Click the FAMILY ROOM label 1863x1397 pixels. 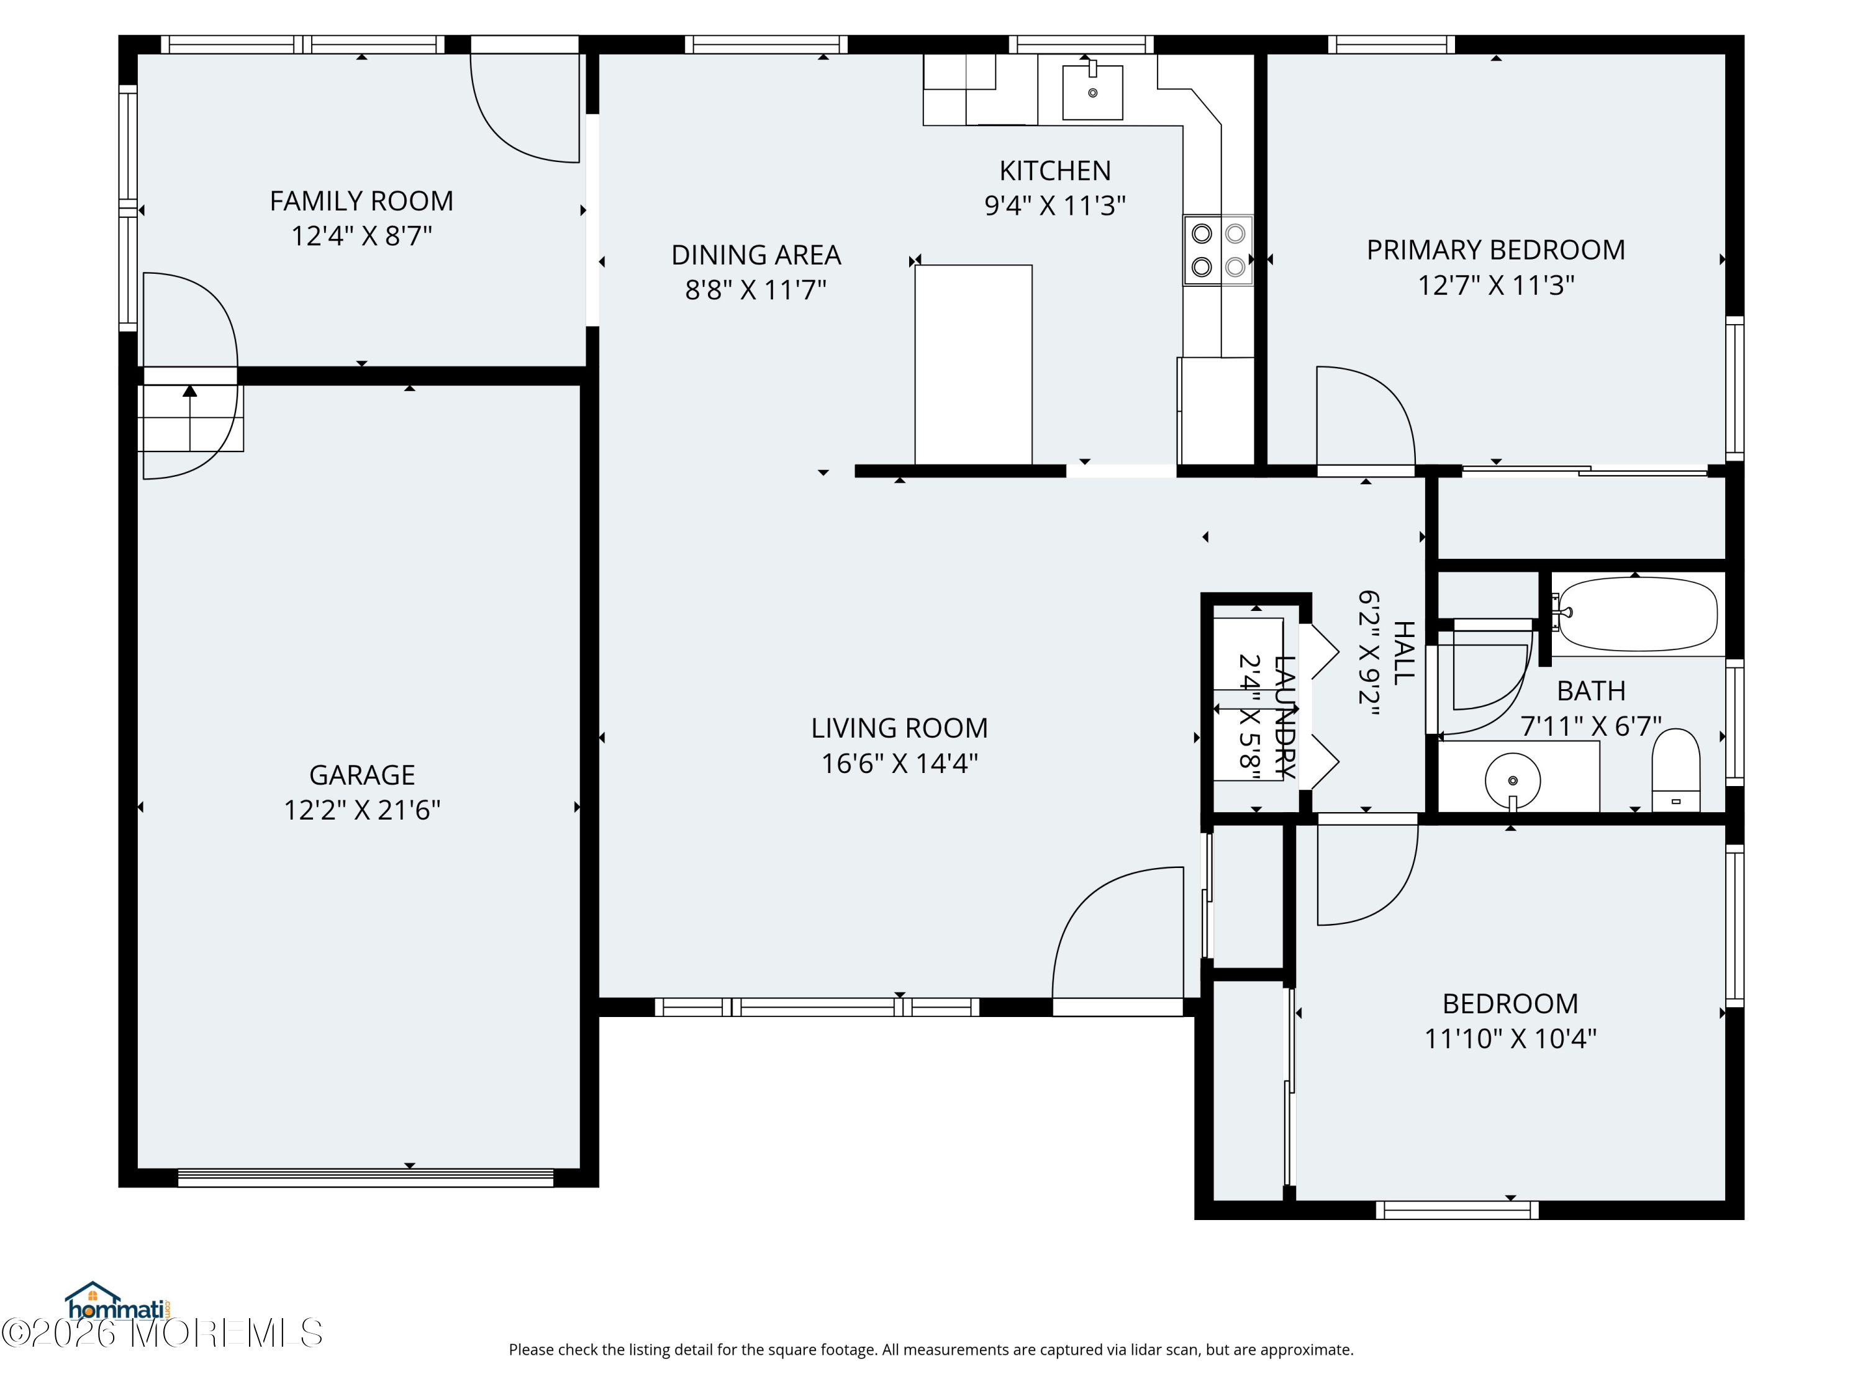pos(361,201)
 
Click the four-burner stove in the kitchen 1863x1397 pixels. pos(1218,250)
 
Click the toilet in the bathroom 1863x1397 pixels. pos(1675,771)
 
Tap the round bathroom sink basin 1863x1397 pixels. pos(1513,780)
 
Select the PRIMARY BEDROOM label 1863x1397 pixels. pos(1496,250)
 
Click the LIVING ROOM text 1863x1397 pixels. pos(899,728)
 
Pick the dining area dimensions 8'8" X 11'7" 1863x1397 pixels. pos(756,291)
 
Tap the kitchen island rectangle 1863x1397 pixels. pos(974,364)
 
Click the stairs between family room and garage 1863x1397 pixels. pos(191,418)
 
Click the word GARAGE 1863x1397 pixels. pos(362,775)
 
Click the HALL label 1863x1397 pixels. pos(1403,653)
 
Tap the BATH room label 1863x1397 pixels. pos(1591,690)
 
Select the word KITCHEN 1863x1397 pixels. pos(1055,171)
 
